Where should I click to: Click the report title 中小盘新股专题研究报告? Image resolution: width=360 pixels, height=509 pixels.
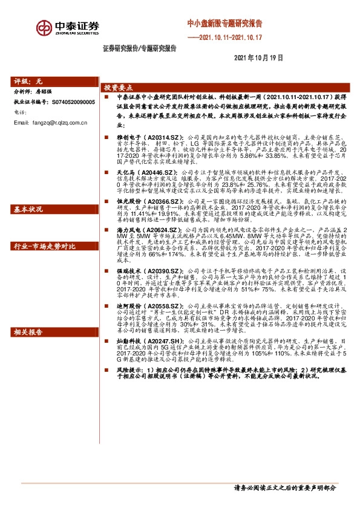tap(224, 24)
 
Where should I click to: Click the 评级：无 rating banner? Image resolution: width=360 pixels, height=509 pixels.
tap(30, 80)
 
